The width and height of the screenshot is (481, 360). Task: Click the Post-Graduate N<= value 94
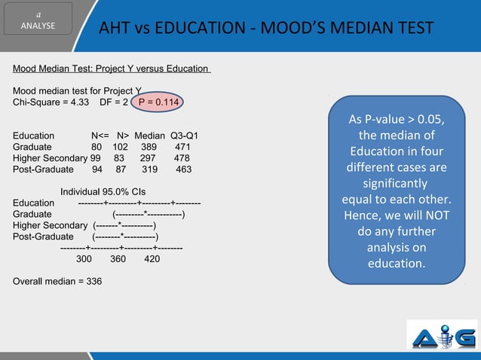[x=97, y=169]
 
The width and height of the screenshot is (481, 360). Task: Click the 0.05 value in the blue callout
[x=430, y=121]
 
